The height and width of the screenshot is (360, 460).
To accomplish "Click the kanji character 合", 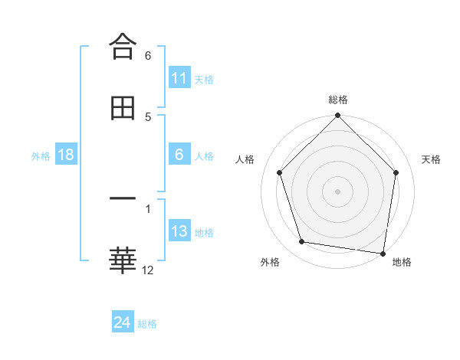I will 123,47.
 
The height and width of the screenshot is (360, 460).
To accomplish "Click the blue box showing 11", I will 179,78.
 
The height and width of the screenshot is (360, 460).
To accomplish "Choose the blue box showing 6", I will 179,155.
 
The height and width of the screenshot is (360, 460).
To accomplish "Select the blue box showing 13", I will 179,231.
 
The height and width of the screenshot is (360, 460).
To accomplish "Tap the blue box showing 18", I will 66,155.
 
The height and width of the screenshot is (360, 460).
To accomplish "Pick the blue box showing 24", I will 123,322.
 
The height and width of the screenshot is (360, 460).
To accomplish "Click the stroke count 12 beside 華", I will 148,270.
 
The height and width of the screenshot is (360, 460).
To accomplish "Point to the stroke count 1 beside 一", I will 148,208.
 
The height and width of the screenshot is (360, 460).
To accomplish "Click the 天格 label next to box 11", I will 204,79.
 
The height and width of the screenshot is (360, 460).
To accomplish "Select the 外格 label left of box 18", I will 41,155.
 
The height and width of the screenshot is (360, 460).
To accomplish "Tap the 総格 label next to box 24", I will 147,323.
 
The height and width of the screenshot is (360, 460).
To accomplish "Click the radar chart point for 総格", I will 337,116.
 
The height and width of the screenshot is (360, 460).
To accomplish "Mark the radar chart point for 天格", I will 396,172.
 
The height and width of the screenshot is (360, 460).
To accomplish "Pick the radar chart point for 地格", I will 383,253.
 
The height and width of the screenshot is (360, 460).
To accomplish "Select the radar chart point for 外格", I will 302,242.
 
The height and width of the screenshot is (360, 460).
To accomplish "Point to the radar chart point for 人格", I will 279,172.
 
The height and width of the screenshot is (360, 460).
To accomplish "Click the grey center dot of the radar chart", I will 337,191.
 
